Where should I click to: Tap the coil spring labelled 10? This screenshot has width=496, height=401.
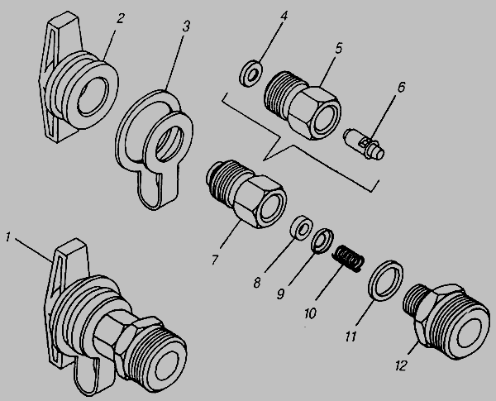pyautogui.click(x=351, y=259)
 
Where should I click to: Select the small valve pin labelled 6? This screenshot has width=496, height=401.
pyautogui.click(x=361, y=142)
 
